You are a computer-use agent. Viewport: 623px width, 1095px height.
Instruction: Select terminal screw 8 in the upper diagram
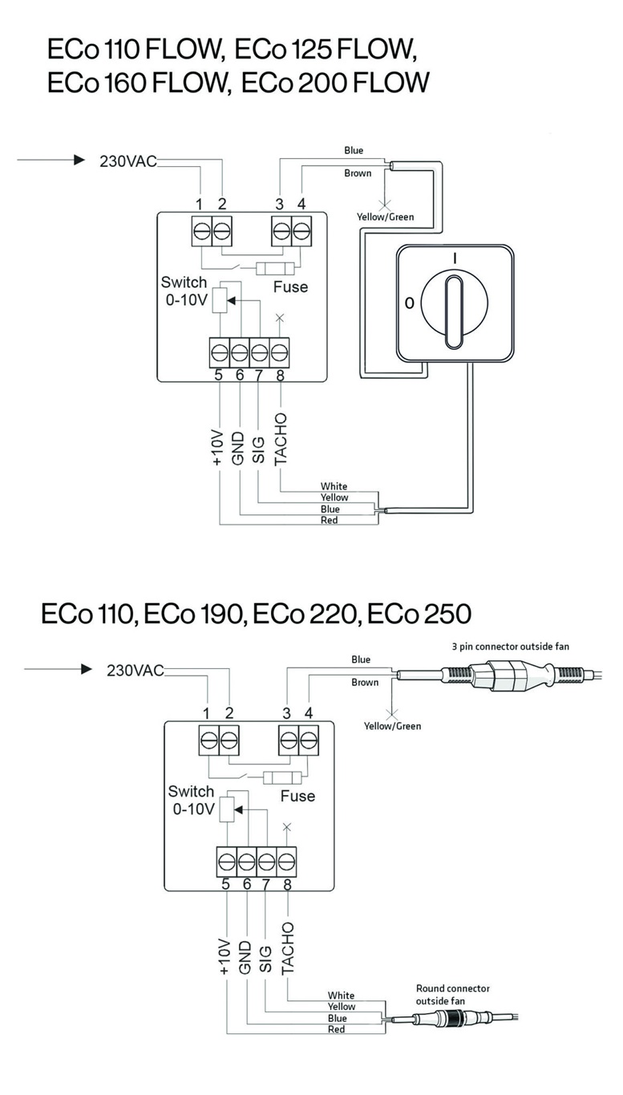pyautogui.click(x=279, y=351)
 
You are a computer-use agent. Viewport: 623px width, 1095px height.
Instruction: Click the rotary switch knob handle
pyautogui.click(x=453, y=306)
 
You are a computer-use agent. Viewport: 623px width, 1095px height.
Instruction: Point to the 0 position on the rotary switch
pyautogui.click(x=409, y=303)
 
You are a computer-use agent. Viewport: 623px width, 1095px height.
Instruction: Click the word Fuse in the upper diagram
pyautogui.click(x=290, y=286)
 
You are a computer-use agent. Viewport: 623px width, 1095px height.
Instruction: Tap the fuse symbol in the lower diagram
pyautogui.click(x=282, y=777)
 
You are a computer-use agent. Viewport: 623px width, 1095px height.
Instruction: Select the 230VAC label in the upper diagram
pyautogui.click(x=127, y=160)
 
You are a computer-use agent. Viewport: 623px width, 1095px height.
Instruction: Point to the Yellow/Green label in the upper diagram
pyautogui.click(x=385, y=217)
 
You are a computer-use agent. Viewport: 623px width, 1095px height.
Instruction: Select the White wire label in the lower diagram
pyautogui.click(x=341, y=996)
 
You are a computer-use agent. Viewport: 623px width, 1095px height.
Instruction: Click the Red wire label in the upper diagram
pyautogui.click(x=329, y=521)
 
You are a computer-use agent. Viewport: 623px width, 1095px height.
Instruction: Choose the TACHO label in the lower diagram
pyautogui.click(x=288, y=947)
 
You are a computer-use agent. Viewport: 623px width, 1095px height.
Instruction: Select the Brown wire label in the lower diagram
pyautogui.click(x=364, y=683)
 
